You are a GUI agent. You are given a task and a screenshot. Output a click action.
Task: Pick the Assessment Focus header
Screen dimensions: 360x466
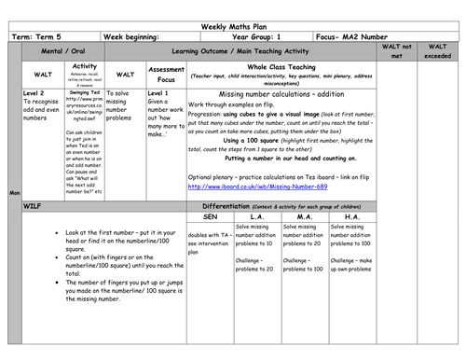(x=166, y=75)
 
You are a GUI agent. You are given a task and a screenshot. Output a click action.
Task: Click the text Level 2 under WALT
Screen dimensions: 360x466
(x=34, y=94)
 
